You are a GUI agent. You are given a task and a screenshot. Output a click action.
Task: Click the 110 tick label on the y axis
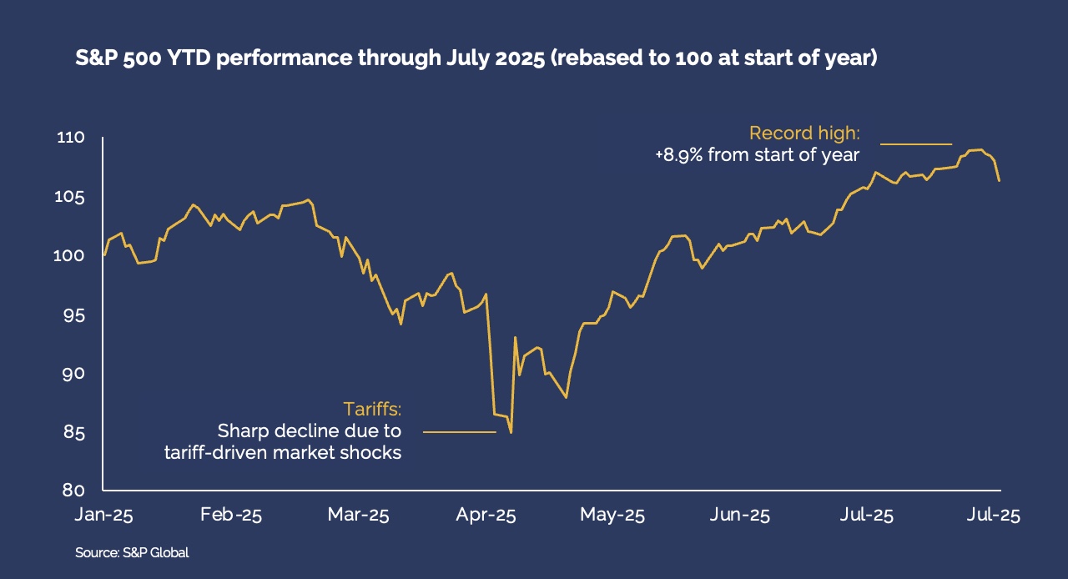click(73, 138)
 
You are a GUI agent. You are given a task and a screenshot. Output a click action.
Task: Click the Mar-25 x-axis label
click(359, 516)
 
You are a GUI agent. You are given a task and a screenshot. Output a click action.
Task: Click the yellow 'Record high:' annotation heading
click(804, 133)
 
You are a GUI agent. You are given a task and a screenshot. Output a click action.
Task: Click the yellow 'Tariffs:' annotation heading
click(372, 410)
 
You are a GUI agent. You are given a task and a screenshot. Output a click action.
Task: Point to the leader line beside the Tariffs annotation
click(459, 432)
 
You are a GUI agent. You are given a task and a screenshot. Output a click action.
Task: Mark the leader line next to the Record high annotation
click(916, 144)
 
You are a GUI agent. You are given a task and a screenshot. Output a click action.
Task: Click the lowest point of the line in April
click(510, 432)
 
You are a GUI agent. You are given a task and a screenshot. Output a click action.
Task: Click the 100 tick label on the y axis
click(75, 256)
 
